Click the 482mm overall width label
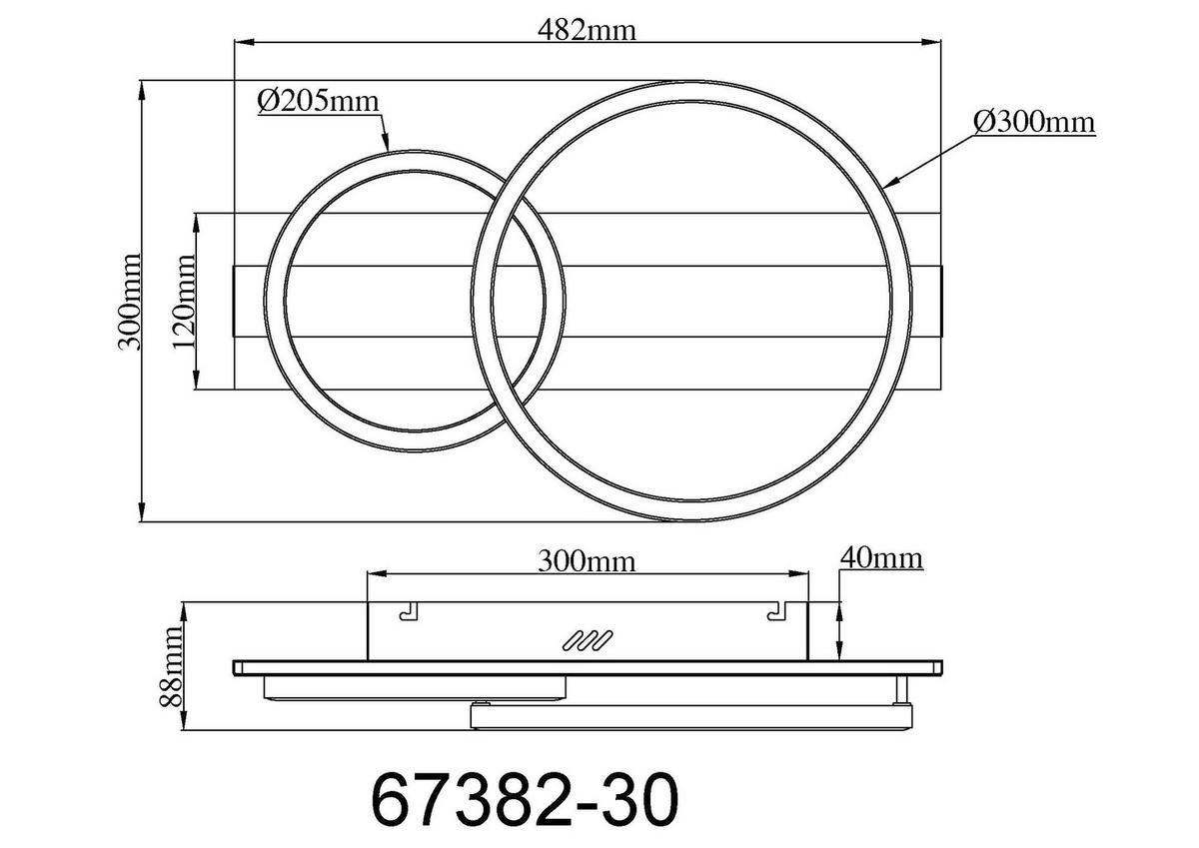588,29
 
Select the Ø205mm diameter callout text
319,101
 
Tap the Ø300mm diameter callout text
1033,122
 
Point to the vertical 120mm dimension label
183,301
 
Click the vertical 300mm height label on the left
128,300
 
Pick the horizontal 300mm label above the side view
587,560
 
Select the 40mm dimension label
880,557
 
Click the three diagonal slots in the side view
588,642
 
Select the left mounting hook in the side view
407,612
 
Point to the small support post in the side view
903,689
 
